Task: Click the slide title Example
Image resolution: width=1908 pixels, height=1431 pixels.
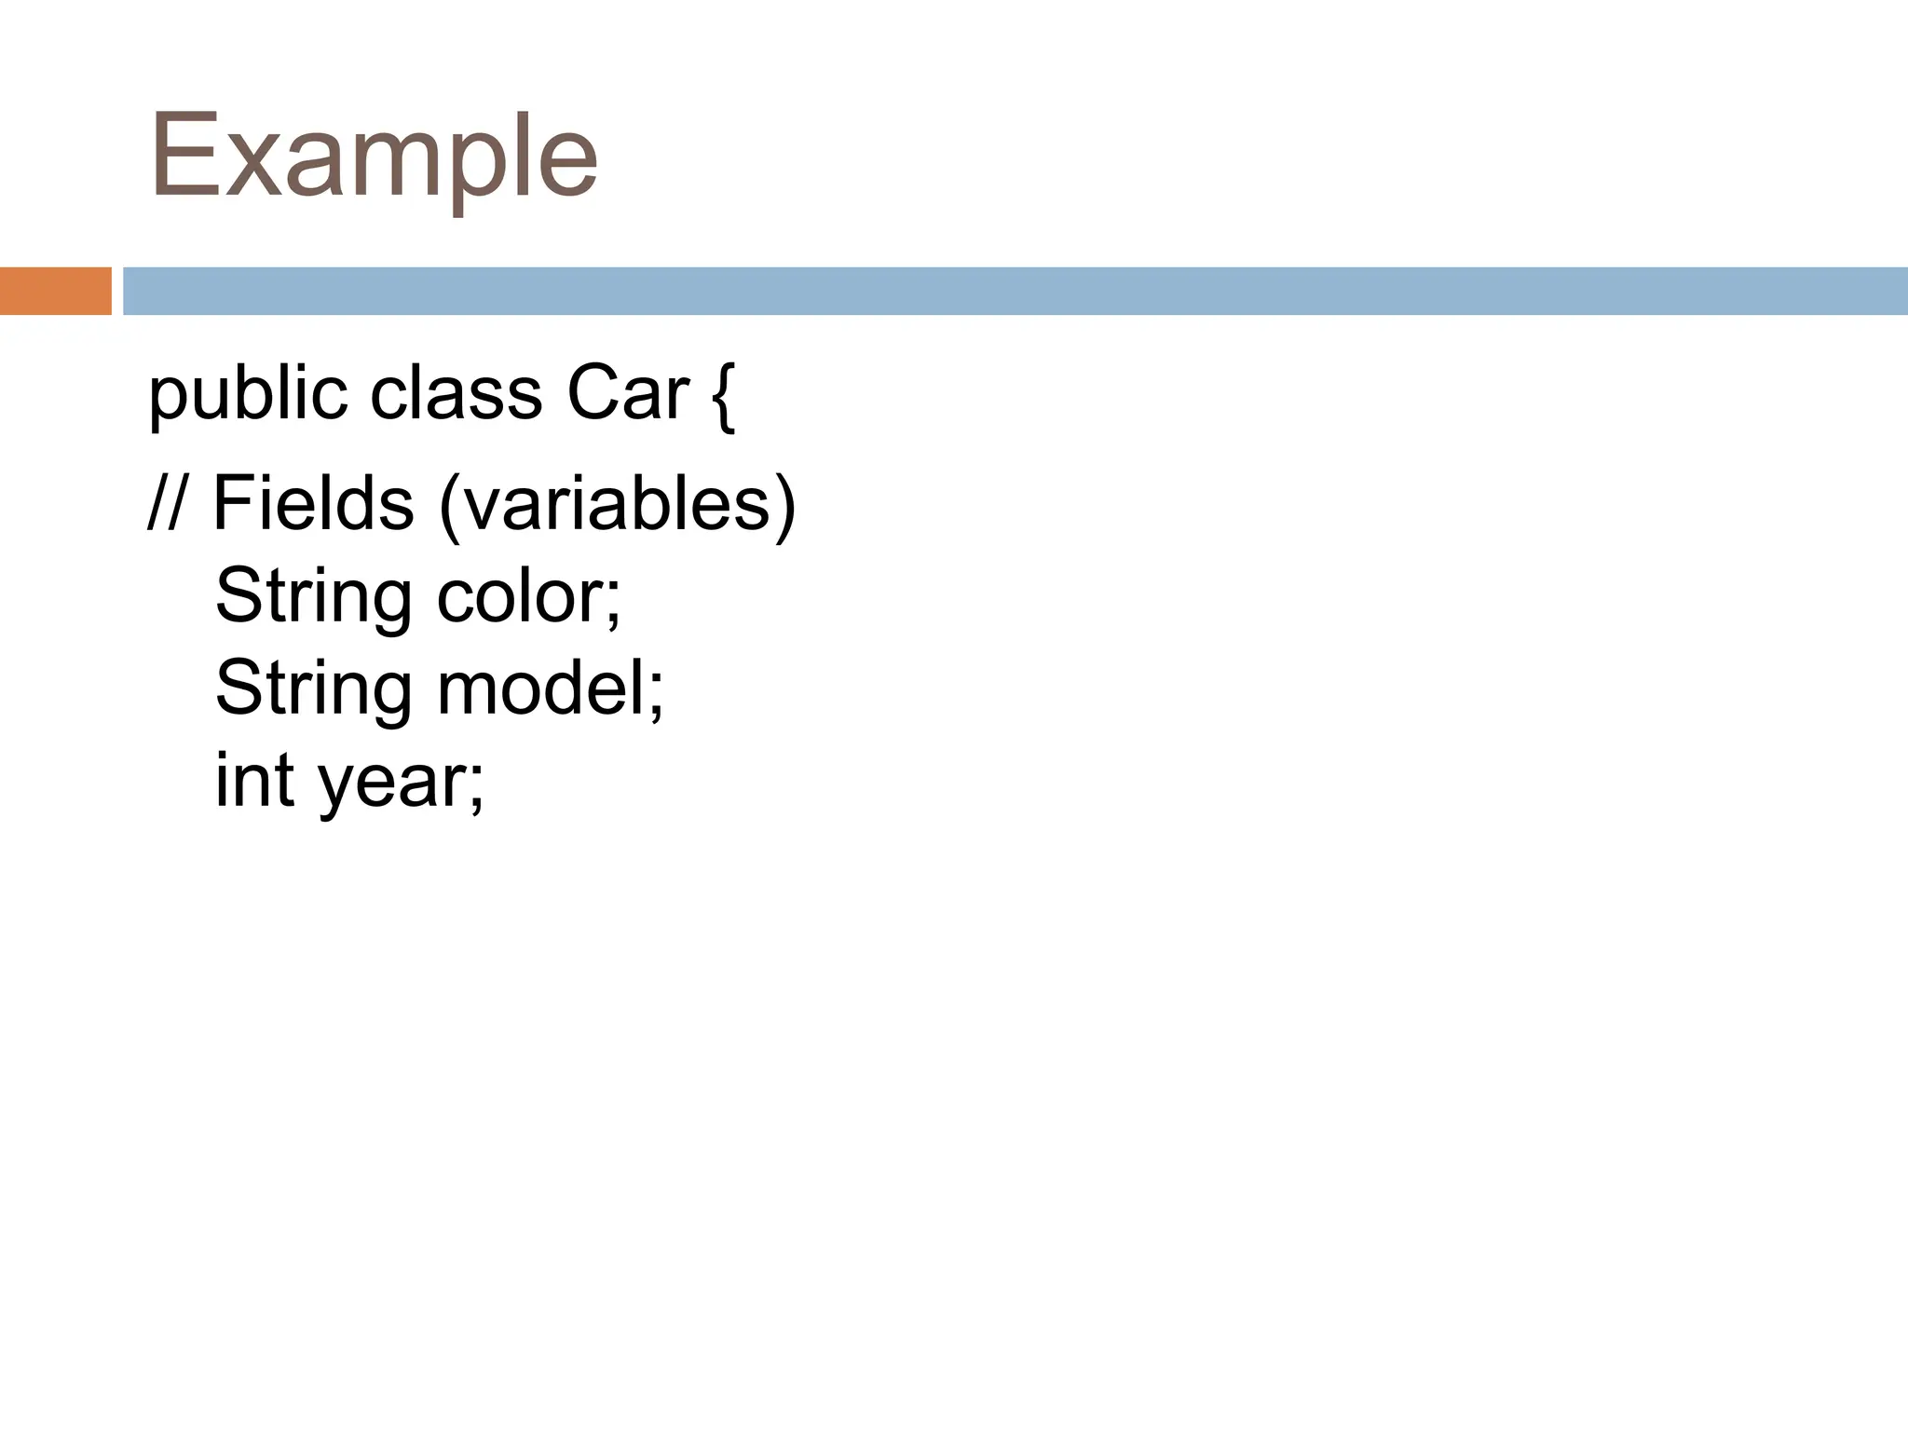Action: click(373, 157)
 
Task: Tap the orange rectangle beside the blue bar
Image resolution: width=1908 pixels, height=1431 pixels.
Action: click(55, 291)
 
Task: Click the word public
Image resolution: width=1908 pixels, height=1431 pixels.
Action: click(248, 395)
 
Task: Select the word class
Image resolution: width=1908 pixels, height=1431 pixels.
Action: click(456, 393)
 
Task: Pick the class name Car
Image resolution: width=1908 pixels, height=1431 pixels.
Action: click(628, 393)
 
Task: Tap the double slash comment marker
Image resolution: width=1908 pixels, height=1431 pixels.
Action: click(167, 504)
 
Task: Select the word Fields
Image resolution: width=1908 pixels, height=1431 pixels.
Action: click(313, 504)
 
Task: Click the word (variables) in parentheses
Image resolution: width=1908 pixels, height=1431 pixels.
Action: click(618, 506)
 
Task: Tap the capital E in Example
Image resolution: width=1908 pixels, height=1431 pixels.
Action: click(184, 157)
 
